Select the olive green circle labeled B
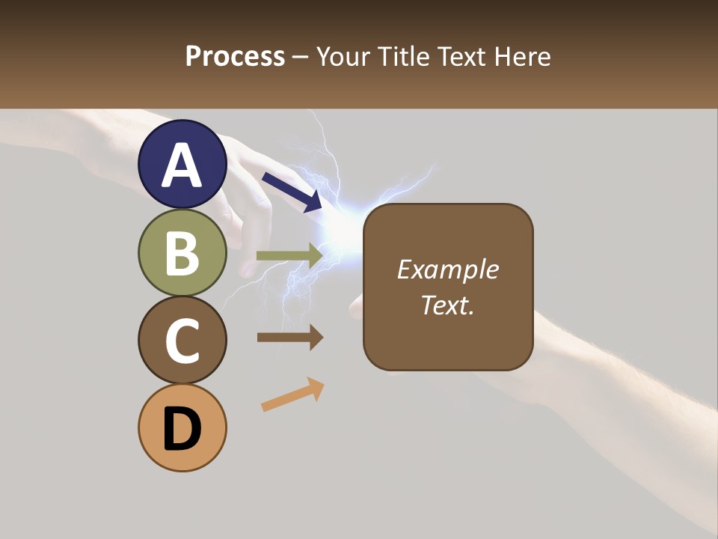pyautogui.click(x=182, y=252)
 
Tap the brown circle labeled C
pyautogui.click(x=182, y=341)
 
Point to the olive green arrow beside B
pyautogui.click(x=289, y=255)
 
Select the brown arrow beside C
pyautogui.click(x=289, y=338)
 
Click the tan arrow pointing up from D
pyautogui.click(x=292, y=395)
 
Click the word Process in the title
pyautogui.click(x=235, y=56)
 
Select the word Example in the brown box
pyautogui.click(x=447, y=269)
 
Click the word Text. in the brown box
pyautogui.click(x=447, y=305)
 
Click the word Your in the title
pyautogui.click(x=345, y=56)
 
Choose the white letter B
pyautogui.click(x=182, y=252)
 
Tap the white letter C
pyautogui.click(x=182, y=341)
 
